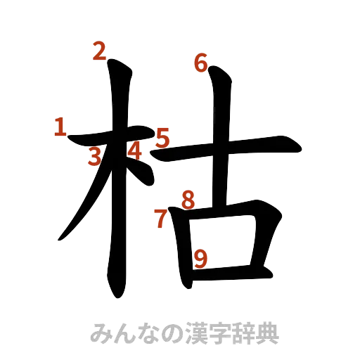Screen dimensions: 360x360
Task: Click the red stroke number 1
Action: [x=59, y=127]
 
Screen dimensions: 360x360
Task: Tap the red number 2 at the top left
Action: [x=99, y=51]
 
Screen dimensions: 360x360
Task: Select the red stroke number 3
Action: [x=94, y=157]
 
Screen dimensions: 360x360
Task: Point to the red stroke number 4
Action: [x=134, y=150]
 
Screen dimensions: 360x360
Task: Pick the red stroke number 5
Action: [x=162, y=137]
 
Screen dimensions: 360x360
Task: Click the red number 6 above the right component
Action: [x=200, y=64]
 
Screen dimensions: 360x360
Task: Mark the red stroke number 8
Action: [x=187, y=200]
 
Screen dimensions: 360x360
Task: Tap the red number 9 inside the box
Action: [x=200, y=259]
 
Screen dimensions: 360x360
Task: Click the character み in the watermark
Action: [x=100, y=330]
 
